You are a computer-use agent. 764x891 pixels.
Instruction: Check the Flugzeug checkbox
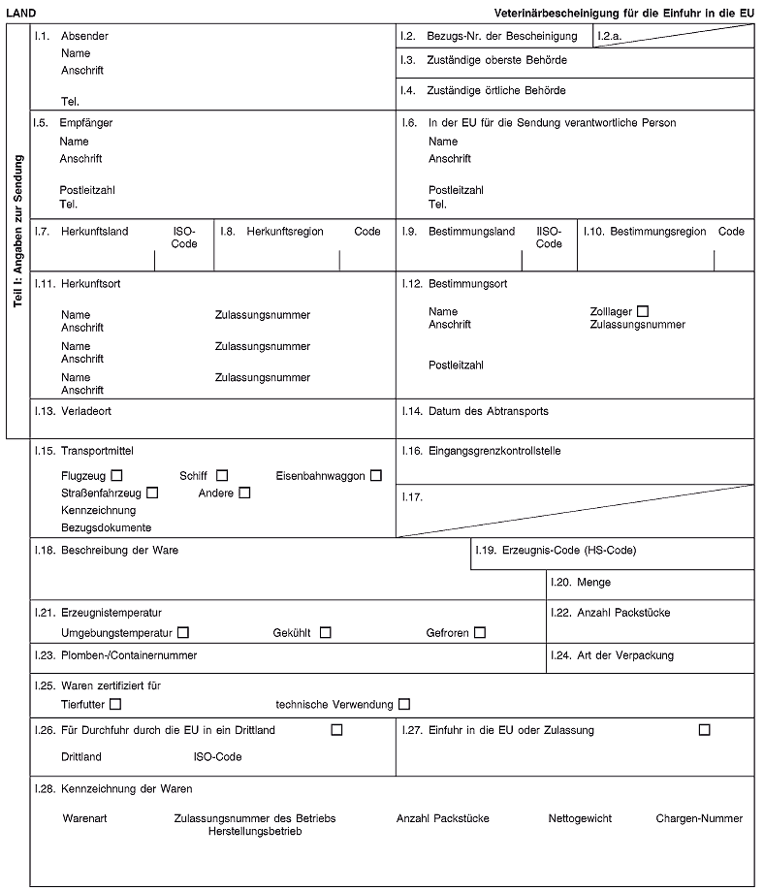coord(116,475)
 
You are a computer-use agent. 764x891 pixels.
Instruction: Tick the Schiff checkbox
coord(222,475)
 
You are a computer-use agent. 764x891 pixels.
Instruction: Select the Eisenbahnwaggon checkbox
coord(375,475)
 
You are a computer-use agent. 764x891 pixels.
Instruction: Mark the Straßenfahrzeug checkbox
coord(153,493)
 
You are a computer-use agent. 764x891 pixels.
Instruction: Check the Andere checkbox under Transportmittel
coord(244,493)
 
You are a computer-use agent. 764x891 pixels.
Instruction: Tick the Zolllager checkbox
coord(642,310)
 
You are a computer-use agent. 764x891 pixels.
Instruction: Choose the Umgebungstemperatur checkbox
coord(183,633)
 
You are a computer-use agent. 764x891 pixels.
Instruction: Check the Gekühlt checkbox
coord(326,633)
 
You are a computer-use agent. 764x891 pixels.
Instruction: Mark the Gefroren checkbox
coord(479,633)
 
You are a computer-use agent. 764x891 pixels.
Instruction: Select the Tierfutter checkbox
coord(116,703)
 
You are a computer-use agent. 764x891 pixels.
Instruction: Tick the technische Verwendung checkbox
coord(403,703)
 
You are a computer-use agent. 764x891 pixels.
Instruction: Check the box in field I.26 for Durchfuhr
coord(336,729)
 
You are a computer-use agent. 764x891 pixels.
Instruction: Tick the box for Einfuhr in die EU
coord(704,729)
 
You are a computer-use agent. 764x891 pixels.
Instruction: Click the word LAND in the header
coord(19,13)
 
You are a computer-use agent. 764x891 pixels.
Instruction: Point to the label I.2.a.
coord(611,37)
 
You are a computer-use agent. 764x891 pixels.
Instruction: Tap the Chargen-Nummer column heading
coord(699,818)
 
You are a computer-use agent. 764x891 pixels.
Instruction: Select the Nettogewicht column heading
coord(580,818)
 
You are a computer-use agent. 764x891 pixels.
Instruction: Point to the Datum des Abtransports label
coord(488,411)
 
